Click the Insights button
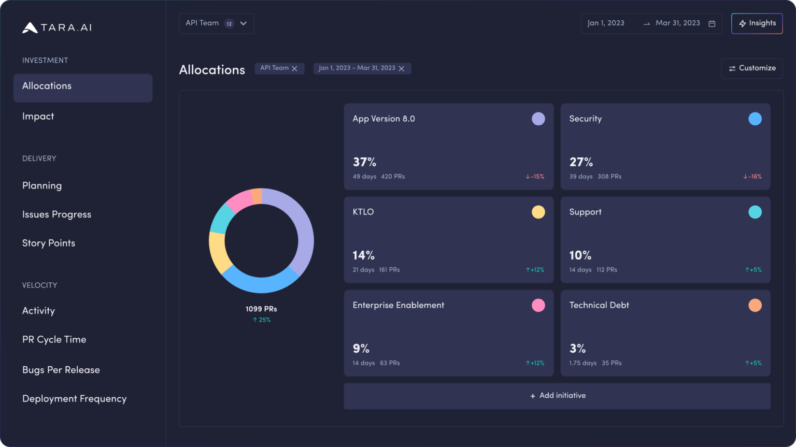[757, 23]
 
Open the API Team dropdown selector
[217, 23]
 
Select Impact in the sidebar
[38, 117]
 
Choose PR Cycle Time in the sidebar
[54, 340]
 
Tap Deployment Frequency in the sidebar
[74, 399]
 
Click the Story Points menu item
[49, 243]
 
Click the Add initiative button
[557, 396]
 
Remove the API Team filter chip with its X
[294, 68]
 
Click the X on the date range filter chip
[401, 68]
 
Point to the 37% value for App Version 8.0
[364, 162]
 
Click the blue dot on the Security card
[755, 119]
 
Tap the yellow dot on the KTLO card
[538, 212]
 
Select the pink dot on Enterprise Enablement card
[538, 305]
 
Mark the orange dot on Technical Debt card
[755, 305]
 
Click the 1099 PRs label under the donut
[261, 309]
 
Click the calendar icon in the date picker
[712, 23]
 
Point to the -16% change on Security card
[752, 177]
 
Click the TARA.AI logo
[57, 27]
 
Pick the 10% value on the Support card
[580, 255]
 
